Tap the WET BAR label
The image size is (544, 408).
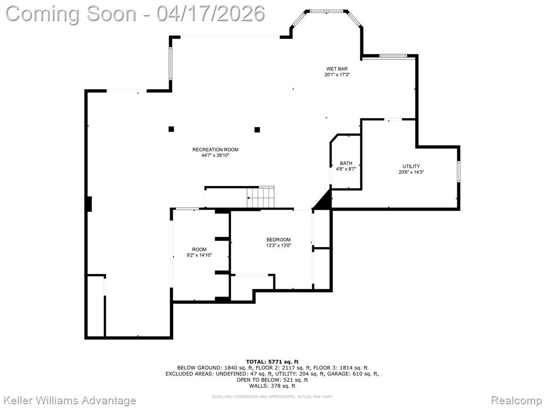[x=337, y=69]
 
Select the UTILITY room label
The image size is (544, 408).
[x=411, y=166]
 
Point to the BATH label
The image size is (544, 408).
[x=346, y=163]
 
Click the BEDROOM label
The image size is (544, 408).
[x=278, y=240]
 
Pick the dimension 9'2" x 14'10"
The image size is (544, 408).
[x=199, y=256]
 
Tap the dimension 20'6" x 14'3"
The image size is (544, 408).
[x=411, y=172]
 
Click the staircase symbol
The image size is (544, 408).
[x=261, y=198]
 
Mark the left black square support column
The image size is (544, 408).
[x=171, y=129]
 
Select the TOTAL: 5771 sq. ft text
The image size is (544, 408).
[x=272, y=361]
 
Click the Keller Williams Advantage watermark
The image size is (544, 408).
[x=70, y=400]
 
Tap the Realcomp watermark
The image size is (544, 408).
[x=515, y=400]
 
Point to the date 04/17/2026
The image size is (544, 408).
[x=210, y=13]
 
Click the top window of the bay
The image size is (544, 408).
[x=326, y=11]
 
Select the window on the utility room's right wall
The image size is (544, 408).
[x=458, y=172]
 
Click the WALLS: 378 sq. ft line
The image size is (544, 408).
[x=272, y=386]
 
